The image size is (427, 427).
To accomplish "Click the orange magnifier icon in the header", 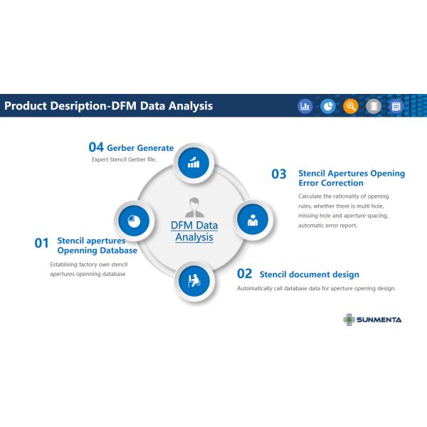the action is tap(350, 106).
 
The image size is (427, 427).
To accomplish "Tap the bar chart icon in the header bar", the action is tap(305, 106).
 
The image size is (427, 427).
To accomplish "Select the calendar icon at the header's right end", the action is tap(396, 106).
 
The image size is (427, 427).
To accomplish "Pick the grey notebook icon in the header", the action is tap(374, 106).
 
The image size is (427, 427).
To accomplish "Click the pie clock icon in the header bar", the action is tap(328, 106).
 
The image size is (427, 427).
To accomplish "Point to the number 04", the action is tap(96, 147).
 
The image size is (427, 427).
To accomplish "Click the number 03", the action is tap(279, 174).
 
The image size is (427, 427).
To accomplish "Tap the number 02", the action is tap(245, 274).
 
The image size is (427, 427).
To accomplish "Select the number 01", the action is tap(41, 243).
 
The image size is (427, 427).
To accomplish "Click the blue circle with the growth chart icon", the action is tap(194, 163).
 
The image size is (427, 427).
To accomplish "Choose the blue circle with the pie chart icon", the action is tap(134, 221).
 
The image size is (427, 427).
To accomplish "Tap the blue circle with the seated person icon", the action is tap(194, 281).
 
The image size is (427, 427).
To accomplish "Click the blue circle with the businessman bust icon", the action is tap(253, 220).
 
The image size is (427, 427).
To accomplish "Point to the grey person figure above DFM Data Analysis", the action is tap(194, 207).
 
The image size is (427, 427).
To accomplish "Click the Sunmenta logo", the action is tap(372, 320).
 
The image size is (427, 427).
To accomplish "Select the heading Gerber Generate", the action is tap(140, 148).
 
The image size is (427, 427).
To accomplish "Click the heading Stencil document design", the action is tap(310, 275).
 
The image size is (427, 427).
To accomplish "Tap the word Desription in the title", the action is tap(79, 106).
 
